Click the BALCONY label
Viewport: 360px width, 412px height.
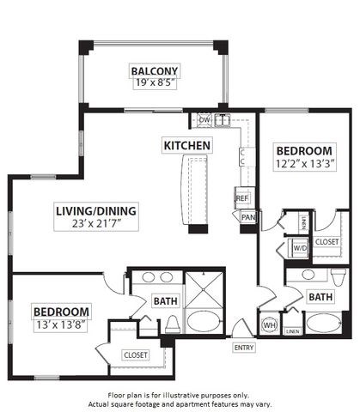pos(155,70)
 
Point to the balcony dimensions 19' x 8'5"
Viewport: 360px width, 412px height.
pos(155,84)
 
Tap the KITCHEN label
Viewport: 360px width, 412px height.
pos(186,146)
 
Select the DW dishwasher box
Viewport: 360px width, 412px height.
pos(204,119)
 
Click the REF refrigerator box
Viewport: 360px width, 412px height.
pos(242,198)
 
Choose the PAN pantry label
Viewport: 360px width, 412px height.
pos(247,217)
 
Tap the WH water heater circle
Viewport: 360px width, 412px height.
pos(269,326)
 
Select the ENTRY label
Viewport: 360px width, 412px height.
pos(244,348)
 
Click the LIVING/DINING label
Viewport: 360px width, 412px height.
pos(95,211)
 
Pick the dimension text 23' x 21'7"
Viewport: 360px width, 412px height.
pos(95,225)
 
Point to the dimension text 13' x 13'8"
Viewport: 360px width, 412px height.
pos(61,324)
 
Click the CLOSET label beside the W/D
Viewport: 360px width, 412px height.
pos(326,242)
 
